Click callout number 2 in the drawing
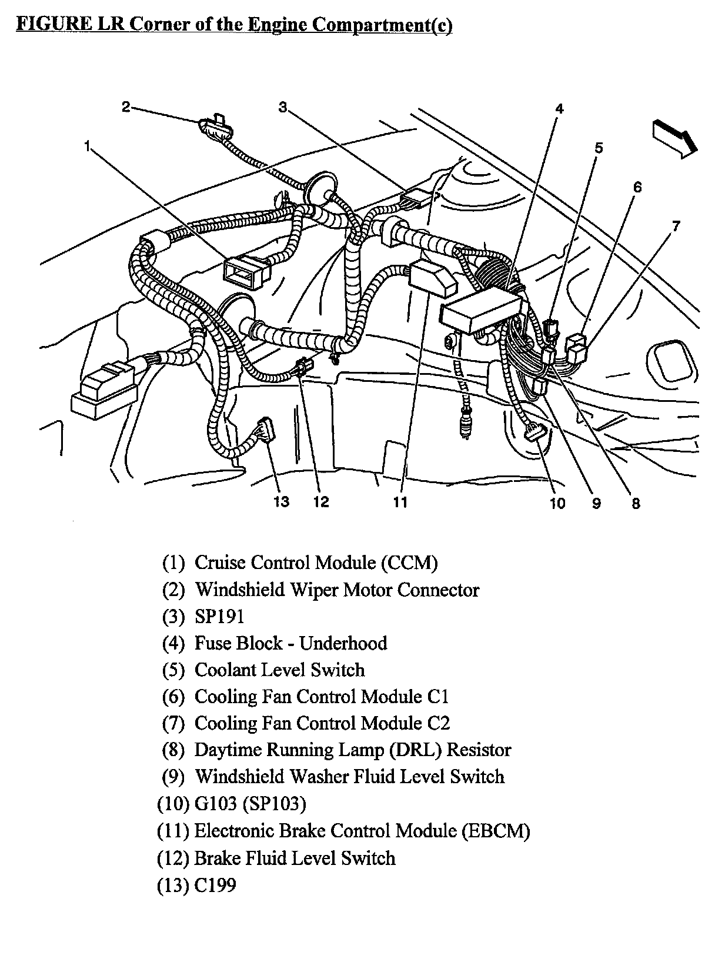[x=126, y=107]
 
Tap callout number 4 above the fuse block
[x=559, y=108]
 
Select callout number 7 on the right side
[x=676, y=225]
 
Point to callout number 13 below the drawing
[x=282, y=501]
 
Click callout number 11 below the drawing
[x=400, y=501]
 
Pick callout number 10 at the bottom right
[x=557, y=503]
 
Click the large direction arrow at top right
[x=674, y=138]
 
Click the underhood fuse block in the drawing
[x=482, y=314]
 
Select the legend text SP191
[x=219, y=616]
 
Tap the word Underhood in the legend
[x=343, y=643]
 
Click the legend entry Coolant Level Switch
[x=279, y=670]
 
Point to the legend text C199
[x=215, y=884]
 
